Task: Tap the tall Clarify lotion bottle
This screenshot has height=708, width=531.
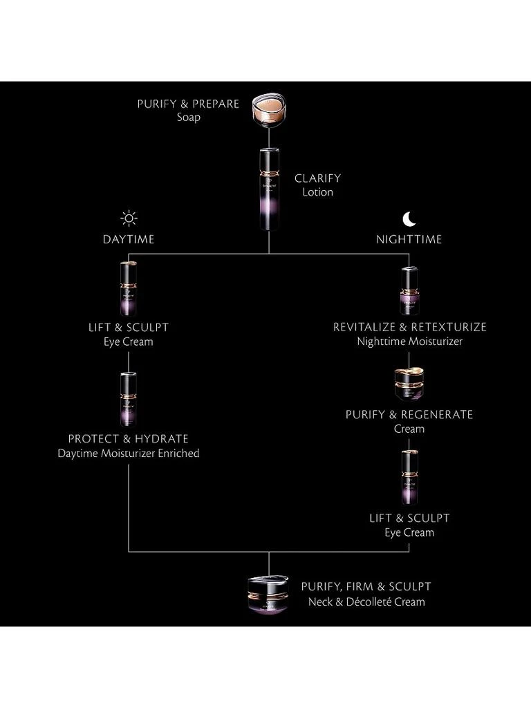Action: tap(268, 188)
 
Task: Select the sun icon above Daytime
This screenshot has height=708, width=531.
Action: tap(129, 219)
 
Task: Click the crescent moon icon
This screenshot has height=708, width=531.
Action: tap(409, 219)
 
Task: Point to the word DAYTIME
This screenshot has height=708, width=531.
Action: tap(129, 239)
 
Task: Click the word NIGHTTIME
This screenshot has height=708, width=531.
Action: tap(409, 239)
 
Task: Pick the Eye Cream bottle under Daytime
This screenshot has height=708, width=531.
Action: tap(129, 289)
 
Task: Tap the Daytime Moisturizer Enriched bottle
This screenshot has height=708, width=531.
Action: tap(129, 399)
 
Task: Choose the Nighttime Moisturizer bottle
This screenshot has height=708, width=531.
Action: tap(409, 291)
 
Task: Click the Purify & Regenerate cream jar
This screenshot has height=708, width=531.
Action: tap(409, 384)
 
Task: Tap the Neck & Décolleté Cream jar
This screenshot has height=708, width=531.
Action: tap(269, 593)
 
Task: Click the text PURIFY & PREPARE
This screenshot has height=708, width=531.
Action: tap(188, 104)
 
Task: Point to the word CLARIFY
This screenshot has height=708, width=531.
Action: tap(317, 178)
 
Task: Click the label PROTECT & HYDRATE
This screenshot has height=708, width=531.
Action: tap(129, 439)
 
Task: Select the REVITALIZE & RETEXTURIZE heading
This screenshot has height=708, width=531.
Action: tap(409, 327)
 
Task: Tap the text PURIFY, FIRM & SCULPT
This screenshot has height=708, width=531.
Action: tap(366, 586)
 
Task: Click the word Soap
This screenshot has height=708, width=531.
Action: tap(188, 118)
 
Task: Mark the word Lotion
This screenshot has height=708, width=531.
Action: tap(317, 192)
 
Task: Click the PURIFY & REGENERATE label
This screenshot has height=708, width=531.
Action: tap(409, 415)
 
